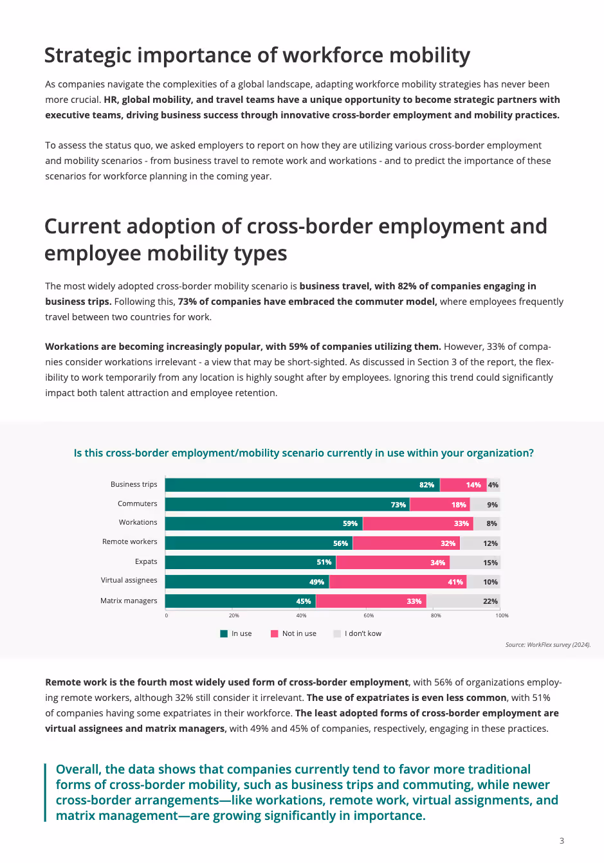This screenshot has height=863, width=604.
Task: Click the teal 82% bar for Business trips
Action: coord(302,485)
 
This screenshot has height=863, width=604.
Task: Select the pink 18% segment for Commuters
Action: coord(440,505)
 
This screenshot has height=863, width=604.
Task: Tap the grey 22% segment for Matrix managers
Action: coord(463,601)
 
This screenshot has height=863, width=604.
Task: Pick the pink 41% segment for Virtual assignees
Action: coord(398,582)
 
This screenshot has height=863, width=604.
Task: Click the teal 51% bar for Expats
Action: coord(251,563)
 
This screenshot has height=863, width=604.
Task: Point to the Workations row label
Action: coord(138,522)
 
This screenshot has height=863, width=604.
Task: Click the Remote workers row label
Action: coord(129,541)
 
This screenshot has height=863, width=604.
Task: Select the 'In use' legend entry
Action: coord(236,633)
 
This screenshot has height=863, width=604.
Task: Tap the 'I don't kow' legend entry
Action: coord(358,633)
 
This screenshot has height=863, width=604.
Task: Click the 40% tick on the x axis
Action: coord(301,615)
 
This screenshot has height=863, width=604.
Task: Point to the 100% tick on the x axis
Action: coord(502,615)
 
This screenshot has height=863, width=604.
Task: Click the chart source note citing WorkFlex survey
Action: coord(547,644)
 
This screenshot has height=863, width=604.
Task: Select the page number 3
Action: coord(562,840)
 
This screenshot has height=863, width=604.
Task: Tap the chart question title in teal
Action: coord(304,453)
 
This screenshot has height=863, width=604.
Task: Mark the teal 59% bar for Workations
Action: coord(264,523)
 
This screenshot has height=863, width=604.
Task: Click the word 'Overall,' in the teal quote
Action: coord(78,769)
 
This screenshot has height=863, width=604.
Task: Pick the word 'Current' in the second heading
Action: coord(82,226)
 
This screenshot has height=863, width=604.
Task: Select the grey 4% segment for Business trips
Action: coord(493,485)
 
